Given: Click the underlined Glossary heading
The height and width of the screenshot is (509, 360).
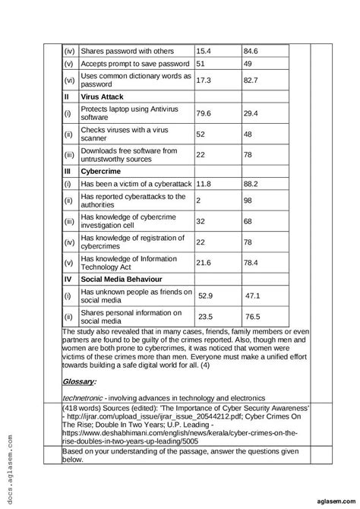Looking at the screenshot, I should coord(80,381).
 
